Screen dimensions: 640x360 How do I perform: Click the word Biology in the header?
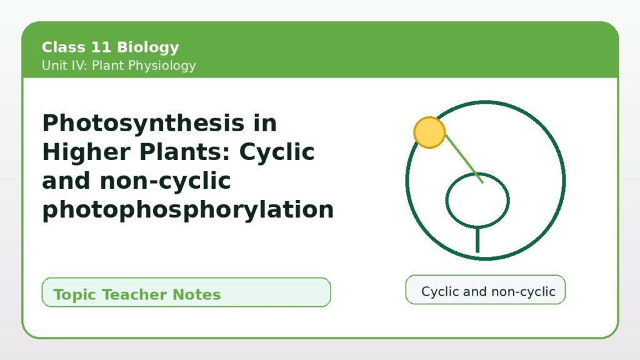[x=147, y=47]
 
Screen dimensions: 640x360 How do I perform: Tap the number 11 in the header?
[x=101, y=47]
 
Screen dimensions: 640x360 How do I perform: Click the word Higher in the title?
[x=86, y=152]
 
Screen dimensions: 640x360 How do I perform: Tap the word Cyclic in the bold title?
[x=277, y=152]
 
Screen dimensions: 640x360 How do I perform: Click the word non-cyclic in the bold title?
[x=165, y=181]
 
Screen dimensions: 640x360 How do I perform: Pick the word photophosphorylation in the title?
[x=188, y=210]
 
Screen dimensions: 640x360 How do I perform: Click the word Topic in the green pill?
[x=75, y=295]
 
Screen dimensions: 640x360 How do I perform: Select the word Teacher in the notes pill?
[x=134, y=294]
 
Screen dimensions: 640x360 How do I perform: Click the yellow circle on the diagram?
[x=429, y=132]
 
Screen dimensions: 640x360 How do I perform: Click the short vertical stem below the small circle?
[x=477, y=240]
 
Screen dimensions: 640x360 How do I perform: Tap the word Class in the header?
[x=63, y=47]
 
